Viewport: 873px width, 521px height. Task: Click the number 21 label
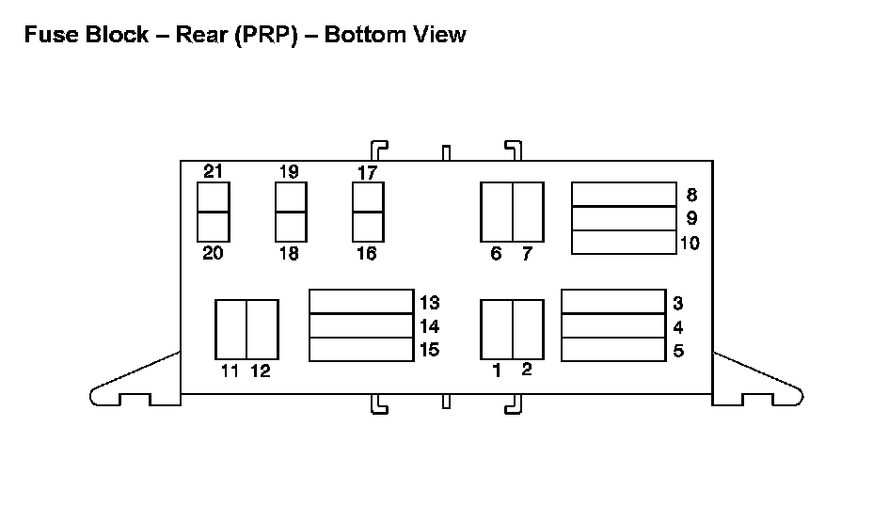click(214, 171)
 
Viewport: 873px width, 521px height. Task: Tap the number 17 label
click(368, 173)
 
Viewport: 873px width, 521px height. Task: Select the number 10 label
click(690, 243)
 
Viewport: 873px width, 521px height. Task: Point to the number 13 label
click(430, 303)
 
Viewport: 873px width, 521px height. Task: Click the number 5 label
click(678, 351)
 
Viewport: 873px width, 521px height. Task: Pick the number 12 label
click(261, 371)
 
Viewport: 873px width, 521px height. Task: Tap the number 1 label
click(497, 371)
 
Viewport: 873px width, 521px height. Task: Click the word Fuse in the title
click(46, 35)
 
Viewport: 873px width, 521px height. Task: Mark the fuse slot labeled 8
click(624, 194)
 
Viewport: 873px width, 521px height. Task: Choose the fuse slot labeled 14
click(361, 325)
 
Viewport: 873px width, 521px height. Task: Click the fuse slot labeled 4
click(612, 325)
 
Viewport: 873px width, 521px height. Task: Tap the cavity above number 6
click(496, 212)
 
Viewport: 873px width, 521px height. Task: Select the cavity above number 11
click(230, 329)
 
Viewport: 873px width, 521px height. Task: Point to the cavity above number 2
click(528, 329)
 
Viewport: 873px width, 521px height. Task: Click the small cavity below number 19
click(291, 197)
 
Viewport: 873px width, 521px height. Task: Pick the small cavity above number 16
click(368, 226)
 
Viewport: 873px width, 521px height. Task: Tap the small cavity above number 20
click(214, 226)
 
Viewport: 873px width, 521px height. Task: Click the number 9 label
click(691, 218)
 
